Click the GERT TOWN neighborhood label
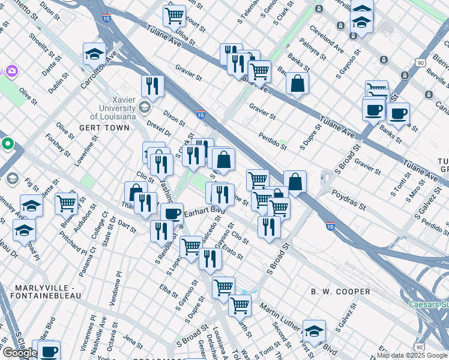pos(104,128)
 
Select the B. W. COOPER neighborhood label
pos(340,292)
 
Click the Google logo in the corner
pos(20,353)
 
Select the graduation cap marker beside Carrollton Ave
pos(94,54)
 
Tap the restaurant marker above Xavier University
pos(153,86)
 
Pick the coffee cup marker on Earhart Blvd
pos(172,214)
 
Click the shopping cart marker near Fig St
pos(66,203)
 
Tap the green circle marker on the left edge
pos(7,144)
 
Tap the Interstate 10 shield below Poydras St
pos(330,226)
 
